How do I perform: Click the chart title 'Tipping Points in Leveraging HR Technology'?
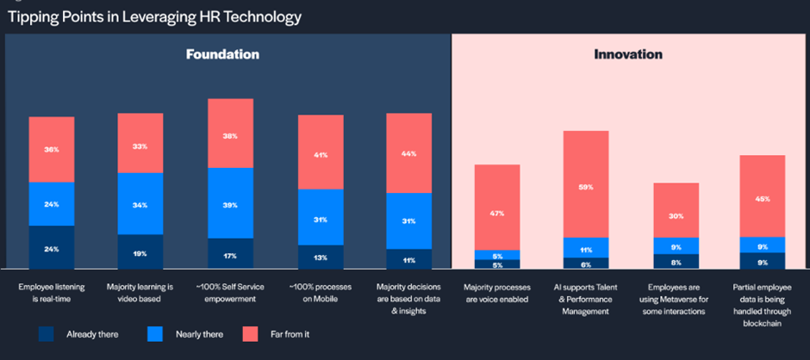(154, 16)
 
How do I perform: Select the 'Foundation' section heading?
(222, 54)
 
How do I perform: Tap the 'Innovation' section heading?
(628, 54)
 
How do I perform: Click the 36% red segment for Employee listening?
(52, 149)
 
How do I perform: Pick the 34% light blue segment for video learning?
(140, 204)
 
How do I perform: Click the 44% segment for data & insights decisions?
(408, 153)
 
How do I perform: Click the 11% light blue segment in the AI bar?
(586, 248)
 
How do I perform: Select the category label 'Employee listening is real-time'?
(53, 291)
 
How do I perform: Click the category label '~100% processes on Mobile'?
(321, 291)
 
